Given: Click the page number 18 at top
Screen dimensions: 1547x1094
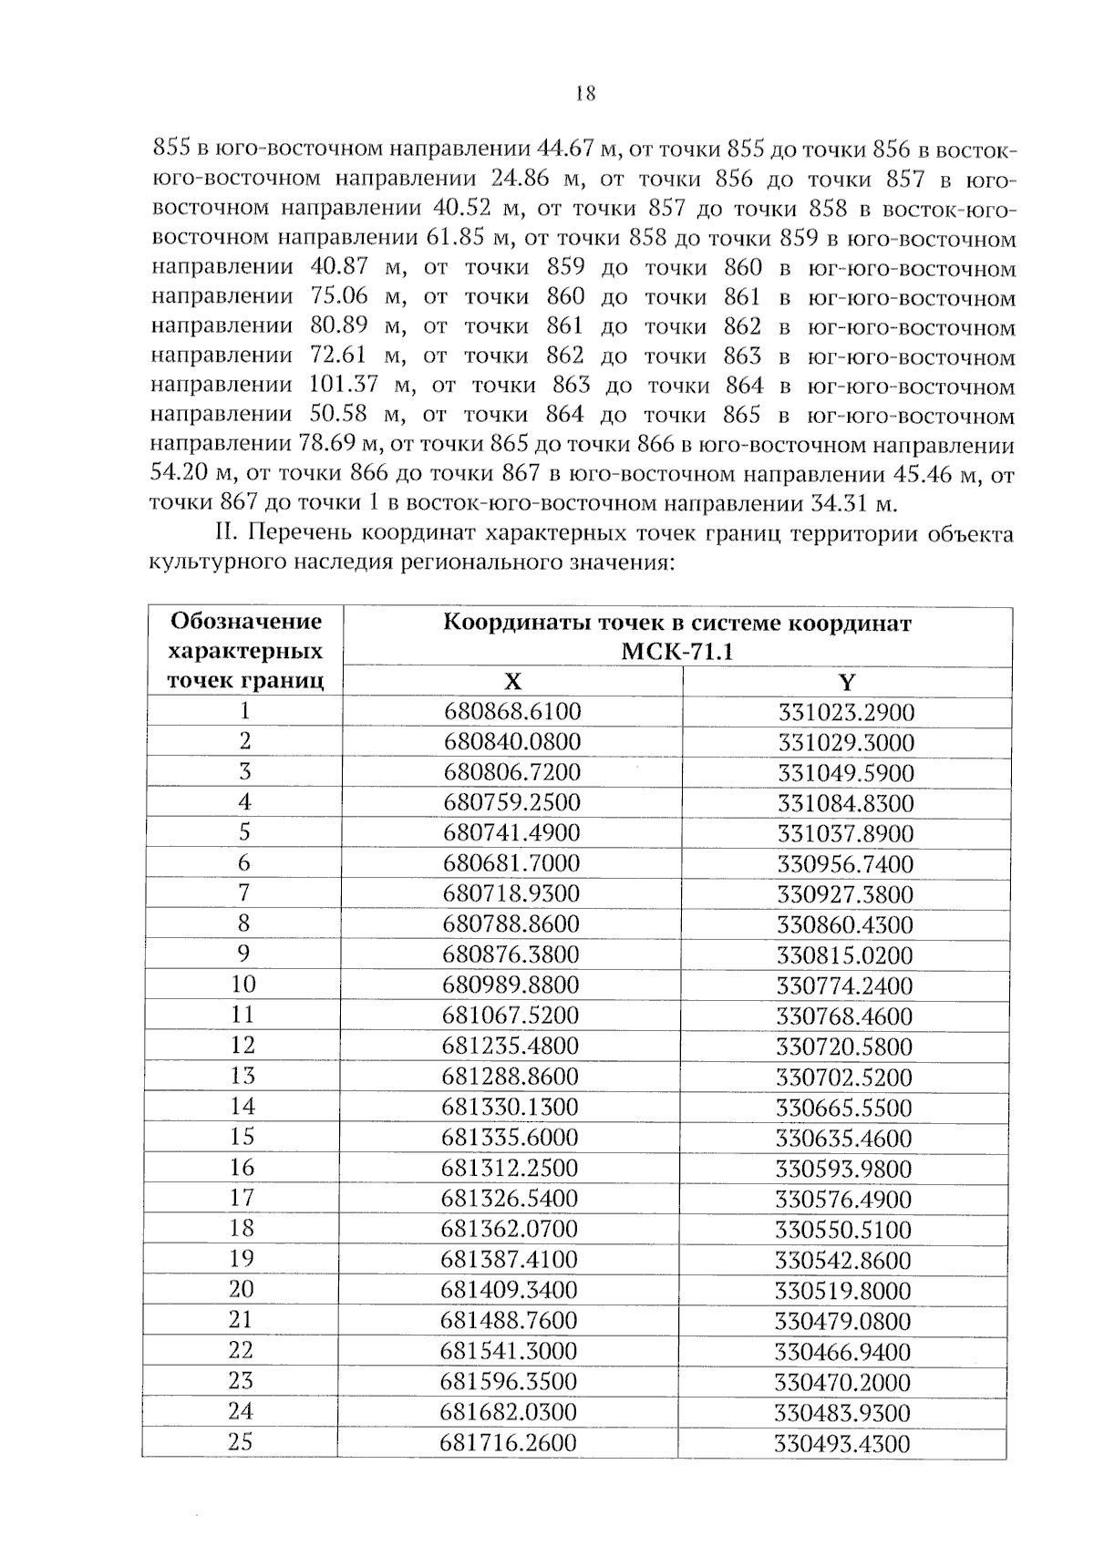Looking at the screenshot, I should point(585,93).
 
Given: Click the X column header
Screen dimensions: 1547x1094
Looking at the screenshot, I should point(513,682).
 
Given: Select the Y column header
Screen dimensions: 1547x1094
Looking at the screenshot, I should point(846,682).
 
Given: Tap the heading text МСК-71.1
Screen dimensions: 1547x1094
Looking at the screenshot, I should point(676,653).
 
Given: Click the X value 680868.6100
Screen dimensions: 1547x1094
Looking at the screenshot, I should point(512,712).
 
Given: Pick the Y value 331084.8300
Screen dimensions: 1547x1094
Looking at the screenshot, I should point(845,804).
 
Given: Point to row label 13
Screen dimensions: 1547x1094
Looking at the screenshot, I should point(243,1076).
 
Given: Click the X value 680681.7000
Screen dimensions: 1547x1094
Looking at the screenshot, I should point(511,863).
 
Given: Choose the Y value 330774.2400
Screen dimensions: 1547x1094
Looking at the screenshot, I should point(844,985).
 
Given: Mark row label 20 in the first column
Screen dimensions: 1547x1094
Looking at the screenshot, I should point(242,1289).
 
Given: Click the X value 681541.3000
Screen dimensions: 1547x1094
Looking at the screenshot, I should point(509,1350).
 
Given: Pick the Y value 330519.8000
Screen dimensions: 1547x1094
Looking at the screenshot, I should point(843,1291).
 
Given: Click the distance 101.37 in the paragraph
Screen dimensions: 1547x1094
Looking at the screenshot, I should point(344,386).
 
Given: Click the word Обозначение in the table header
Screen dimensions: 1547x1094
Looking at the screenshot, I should point(246,622).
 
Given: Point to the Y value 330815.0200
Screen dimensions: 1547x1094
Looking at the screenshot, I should point(844,955).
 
